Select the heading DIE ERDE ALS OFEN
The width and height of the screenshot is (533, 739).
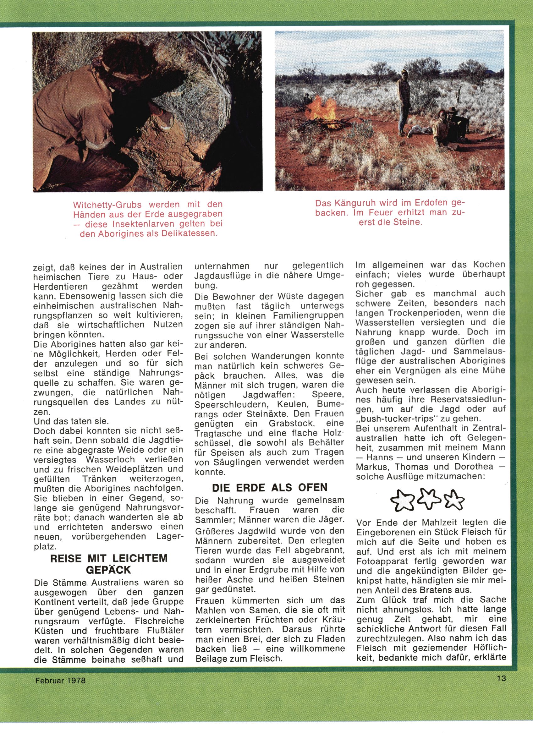tap(269, 488)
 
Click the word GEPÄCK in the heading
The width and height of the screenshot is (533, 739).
tap(109, 570)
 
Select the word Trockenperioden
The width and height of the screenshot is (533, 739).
tap(424, 313)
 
